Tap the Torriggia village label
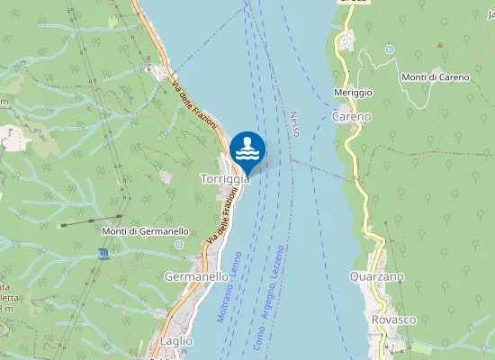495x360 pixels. pos(224,179)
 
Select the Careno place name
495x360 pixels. pos(351,116)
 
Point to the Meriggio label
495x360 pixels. pos(353,93)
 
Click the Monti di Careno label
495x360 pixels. pos(436,76)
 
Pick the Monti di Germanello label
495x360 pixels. pos(138,231)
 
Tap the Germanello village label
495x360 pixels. pos(196,277)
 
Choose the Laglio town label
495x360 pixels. pos(171,341)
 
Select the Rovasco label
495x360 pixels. pos(393,319)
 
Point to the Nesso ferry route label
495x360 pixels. pos(294,123)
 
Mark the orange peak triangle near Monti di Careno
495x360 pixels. pos(441,44)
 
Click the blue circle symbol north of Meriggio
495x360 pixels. pos(390,49)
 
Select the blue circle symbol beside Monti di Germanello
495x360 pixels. pos(180,244)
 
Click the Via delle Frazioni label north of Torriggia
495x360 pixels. pos(195,106)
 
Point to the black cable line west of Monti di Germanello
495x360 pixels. pos(81,221)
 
